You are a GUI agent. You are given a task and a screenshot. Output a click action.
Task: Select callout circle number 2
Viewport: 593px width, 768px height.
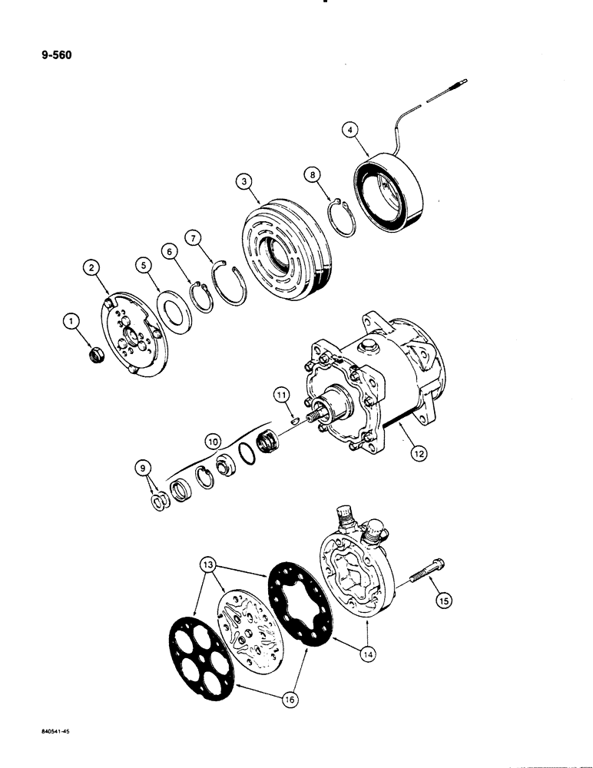[x=92, y=267]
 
